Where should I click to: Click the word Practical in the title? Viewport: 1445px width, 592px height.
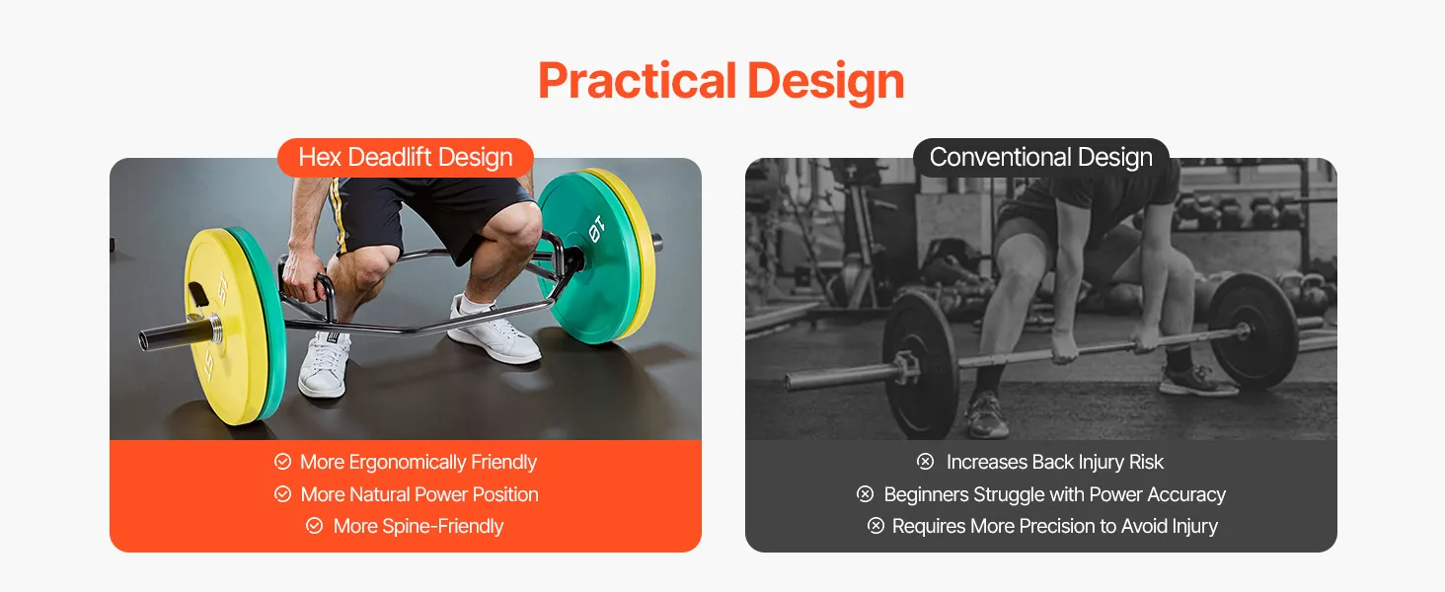click(638, 81)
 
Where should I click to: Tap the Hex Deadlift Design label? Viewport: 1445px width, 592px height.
click(405, 157)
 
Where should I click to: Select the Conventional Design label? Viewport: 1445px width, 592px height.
click(1040, 157)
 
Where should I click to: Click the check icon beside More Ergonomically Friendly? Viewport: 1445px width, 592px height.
click(282, 461)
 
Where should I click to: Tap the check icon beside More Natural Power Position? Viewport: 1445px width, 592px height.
click(282, 494)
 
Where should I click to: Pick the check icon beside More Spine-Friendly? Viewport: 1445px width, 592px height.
click(314, 526)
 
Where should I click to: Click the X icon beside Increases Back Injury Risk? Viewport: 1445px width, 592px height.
click(925, 461)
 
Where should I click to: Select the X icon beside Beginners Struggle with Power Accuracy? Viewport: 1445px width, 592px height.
click(865, 494)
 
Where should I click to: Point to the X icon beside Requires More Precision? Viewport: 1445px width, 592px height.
click(875, 526)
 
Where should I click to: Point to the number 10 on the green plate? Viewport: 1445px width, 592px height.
click(596, 228)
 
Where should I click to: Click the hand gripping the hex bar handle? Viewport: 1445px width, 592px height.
click(304, 276)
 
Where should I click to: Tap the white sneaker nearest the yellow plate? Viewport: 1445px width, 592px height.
click(324, 364)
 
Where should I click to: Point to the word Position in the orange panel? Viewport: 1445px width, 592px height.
click(505, 494)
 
